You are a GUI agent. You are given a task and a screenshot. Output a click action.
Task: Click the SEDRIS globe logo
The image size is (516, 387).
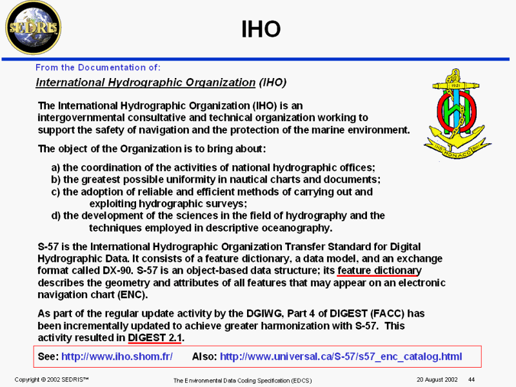(x=34, y=28)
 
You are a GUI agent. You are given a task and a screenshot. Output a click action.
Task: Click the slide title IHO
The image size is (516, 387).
(x=261, y=29)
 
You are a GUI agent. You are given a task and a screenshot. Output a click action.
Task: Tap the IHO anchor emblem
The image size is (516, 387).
(x=457, y=114)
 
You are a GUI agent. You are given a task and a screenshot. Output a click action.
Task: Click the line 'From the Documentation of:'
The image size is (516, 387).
(x=98, y=68)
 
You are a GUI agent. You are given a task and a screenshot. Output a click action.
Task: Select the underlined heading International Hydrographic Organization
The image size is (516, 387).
(x=146, y=83)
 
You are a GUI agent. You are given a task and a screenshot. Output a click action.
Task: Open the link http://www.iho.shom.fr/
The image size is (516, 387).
(x=117, y=357)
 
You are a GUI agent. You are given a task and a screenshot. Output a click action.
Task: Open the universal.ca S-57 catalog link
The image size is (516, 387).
(x=341, y=357)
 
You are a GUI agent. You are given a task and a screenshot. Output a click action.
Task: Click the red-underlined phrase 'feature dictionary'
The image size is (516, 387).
(x=379, y=270)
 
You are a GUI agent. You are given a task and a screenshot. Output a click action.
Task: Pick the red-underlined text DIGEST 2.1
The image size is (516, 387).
(x=155, y=337)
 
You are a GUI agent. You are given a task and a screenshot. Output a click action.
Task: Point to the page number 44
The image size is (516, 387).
(x=471, y=379)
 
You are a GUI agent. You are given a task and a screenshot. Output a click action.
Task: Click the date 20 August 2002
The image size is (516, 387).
(x=437, y=379)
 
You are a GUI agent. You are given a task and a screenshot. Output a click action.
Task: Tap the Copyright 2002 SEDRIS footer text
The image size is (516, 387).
(x=52, y=379)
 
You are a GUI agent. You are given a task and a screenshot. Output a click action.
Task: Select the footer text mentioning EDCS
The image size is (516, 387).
(x=243, y=381)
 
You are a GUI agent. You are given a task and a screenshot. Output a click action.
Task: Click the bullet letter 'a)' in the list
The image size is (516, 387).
(x=55, y=168)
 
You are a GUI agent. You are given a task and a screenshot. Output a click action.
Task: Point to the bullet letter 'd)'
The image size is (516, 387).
(x=56, y=216)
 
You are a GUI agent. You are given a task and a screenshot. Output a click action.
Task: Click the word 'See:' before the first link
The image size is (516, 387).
(x=48, y=357)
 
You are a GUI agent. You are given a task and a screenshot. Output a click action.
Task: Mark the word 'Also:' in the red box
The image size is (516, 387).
(x=204, y=357)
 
